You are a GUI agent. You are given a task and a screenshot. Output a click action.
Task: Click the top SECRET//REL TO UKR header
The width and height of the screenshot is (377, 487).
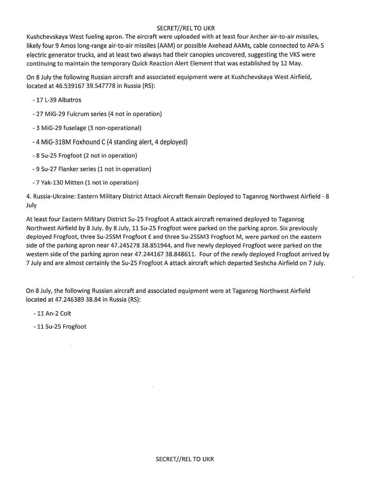[185, 28]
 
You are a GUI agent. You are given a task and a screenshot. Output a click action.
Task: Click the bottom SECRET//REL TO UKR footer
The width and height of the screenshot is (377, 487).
[185, 459]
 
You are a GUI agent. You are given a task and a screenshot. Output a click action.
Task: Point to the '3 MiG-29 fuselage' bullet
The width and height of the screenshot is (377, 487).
[61, 128]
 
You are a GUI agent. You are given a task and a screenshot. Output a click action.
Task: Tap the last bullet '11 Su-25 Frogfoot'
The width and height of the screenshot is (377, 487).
[60, 326]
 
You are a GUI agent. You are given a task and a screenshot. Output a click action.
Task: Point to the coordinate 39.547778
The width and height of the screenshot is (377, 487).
[101, 86]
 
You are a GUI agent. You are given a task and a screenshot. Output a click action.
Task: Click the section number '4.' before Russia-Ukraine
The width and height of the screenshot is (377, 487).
[29, 196]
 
